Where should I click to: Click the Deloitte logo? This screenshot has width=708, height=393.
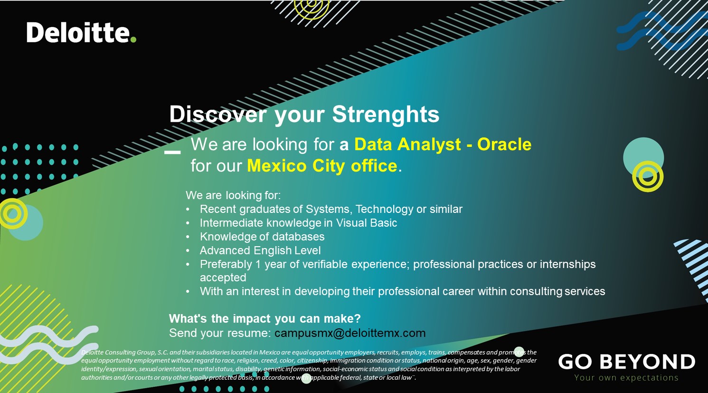tap(78, 33)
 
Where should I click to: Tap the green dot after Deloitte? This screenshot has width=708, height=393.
tap(133, 39)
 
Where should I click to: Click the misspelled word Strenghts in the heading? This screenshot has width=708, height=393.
tap(386, 115)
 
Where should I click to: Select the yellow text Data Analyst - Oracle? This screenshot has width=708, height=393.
tap(443, 144)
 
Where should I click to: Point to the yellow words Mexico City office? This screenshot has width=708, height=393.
tap(322, 166)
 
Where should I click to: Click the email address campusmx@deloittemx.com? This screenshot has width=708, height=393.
tap(350, 333)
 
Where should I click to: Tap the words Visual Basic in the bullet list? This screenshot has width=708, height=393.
tap(367, 223)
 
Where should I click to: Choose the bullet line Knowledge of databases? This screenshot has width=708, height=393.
tap(262, 237)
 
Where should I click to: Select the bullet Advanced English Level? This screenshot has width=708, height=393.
tap(260, 250)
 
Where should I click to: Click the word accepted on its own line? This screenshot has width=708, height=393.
tap(223, 278)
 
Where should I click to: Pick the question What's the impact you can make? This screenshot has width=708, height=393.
tap(265, 318)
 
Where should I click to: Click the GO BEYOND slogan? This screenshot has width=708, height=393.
tap(626, 362)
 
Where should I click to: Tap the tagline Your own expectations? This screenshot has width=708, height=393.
tap(626, 378)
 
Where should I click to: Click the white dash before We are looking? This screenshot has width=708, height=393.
tap(172, 153)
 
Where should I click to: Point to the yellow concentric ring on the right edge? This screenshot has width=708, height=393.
tap(648, 176)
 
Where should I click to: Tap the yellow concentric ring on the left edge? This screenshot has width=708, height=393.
tap(13, 213)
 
